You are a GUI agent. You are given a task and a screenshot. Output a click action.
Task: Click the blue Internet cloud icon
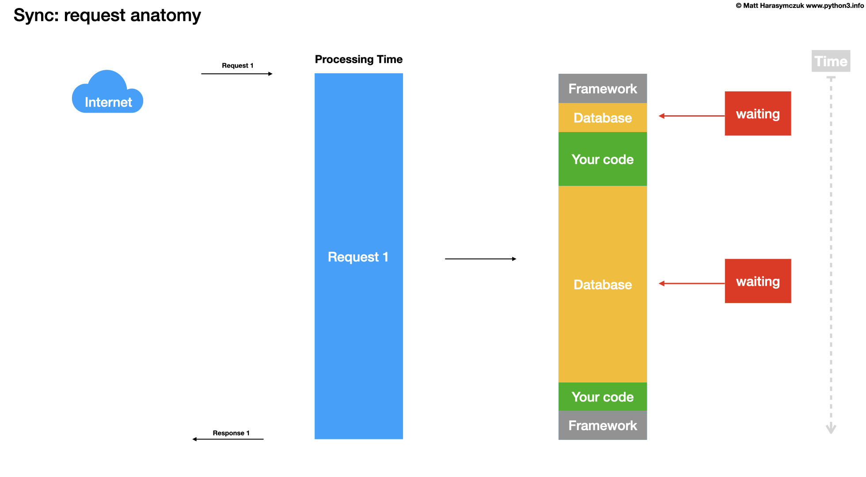tap(107, 94)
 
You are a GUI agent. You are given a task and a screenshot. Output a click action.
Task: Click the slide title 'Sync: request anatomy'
tap(107, 15)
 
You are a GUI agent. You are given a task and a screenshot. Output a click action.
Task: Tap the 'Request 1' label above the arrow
tap(238, 65)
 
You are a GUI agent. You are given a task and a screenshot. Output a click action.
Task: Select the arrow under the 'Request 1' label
tap(237, 74)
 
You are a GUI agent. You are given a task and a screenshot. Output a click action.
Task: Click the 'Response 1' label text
tap(231, 433)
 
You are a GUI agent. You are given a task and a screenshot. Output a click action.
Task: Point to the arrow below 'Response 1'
tap(228, 439)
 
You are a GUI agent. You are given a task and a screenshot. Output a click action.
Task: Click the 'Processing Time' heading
tap(358, 59)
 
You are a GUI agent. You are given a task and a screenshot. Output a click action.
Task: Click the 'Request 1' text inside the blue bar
tap(358, 257)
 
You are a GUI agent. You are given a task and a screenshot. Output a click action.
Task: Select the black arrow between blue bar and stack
tap(480, 259)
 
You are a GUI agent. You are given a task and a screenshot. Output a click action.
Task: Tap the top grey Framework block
tap(603, 89)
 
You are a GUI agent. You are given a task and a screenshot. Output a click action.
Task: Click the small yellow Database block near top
tap(603, 118)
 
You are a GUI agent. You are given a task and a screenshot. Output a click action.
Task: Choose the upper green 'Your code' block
tap(603, 159)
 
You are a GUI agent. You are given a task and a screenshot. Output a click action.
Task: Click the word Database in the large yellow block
tap(603, 284)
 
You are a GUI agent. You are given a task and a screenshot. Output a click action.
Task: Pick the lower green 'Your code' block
tap(603, 397)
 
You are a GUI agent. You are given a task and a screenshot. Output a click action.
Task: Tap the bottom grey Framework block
tap(603, 425)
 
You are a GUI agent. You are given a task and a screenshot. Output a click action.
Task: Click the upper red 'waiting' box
tap(758, 114)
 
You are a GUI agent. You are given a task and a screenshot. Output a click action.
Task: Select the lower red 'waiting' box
tap(758, 281)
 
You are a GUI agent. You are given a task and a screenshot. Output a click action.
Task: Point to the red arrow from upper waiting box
tap(691, 116)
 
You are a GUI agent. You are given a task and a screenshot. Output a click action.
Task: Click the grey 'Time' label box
tap(831, 61)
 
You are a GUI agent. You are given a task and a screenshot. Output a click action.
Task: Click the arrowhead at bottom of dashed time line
tap(831, 428)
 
